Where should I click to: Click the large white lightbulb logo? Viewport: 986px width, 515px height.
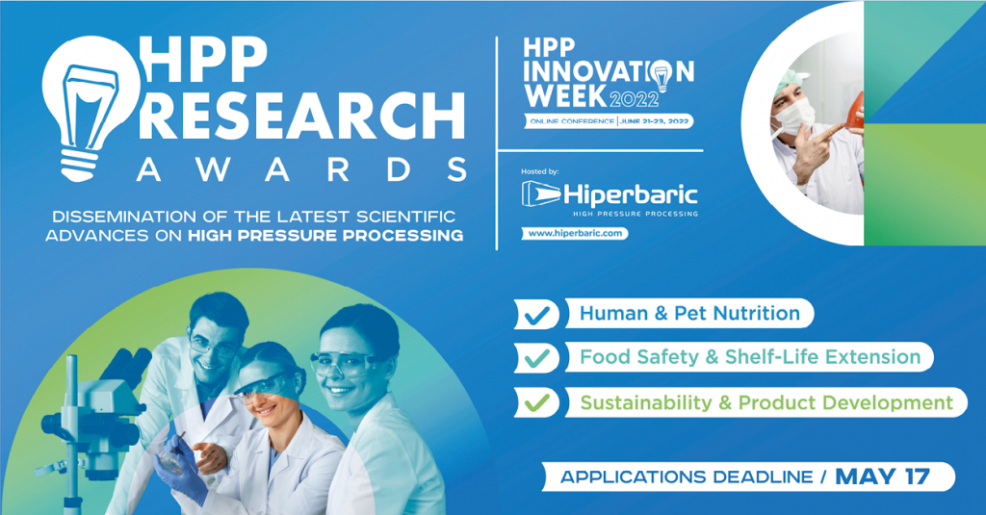[x=91, y=107]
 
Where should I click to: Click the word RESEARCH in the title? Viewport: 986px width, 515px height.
[x=301, y=116]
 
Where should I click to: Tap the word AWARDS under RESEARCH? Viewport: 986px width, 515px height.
[x=301, y=169]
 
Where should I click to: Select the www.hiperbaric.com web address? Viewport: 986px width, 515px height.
[x=575, y=233]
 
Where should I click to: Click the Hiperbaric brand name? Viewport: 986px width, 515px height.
[x=630, y=194]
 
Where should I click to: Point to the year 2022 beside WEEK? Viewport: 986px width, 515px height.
[x=634, y=99]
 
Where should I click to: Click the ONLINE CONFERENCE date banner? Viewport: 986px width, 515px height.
[x=609, y=120]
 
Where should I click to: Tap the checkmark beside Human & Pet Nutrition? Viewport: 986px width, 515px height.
[x=536, y=315]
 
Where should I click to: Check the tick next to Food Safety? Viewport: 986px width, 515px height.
[x=536, y=358]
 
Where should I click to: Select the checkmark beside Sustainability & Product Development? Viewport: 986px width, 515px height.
[x=536, y=401]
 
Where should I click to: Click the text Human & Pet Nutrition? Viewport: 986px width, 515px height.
[x=689, y=313]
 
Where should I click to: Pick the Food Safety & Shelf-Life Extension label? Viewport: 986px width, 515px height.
[x=749, y=356]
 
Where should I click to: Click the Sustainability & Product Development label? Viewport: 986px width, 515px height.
[x=766, y=402]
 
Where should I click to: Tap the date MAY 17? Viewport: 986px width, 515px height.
[x=882, y=476]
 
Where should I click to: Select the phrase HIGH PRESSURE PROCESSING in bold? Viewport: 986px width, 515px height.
[x=325, y=236]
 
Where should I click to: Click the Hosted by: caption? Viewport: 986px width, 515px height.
[x=539, y=171]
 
